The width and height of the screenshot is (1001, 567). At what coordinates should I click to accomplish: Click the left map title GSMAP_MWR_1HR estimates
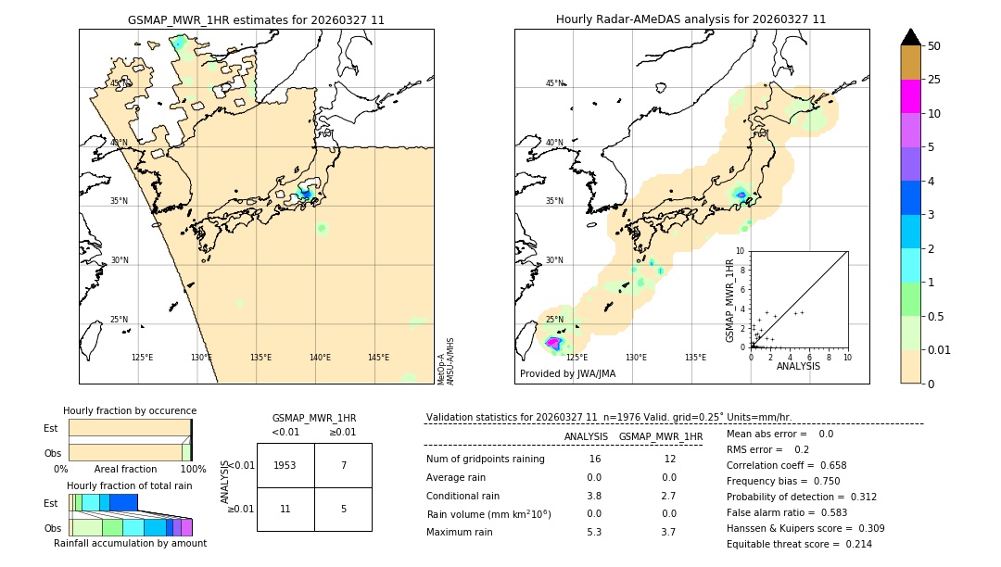(x=256, y=19)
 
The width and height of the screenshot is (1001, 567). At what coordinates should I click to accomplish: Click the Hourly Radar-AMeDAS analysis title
(x=691, y=19)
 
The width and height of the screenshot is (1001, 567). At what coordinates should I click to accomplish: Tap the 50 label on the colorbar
(x=935, y=46)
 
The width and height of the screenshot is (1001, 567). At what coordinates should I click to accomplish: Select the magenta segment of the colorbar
(x=911, y=96)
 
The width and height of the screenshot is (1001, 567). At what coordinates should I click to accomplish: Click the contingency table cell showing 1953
(x=285, y=465)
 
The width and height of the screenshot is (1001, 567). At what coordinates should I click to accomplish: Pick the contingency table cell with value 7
(x=343, y=465)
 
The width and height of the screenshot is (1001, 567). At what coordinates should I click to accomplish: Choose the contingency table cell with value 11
(x=285, y=509)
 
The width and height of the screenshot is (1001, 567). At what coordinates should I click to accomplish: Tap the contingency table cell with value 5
(x=343, y=509)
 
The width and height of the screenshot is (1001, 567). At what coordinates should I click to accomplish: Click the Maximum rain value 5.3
(x=594, y=532)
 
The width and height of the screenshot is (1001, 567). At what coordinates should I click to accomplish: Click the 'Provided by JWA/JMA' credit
(x=567, y=374)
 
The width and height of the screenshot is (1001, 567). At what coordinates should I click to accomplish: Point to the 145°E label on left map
(x=378, y=358)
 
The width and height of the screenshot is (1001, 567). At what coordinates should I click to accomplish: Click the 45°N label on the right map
(x=554, y=83)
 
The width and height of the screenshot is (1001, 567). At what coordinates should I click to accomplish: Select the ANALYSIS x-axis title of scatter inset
(x=798, y=366)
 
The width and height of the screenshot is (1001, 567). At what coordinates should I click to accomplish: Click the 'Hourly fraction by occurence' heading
(x=130, y=410)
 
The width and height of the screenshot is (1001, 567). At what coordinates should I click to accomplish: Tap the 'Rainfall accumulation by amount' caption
(x=131, y=544)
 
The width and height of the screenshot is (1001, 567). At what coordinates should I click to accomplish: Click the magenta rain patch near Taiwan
(x=552, y=343)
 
